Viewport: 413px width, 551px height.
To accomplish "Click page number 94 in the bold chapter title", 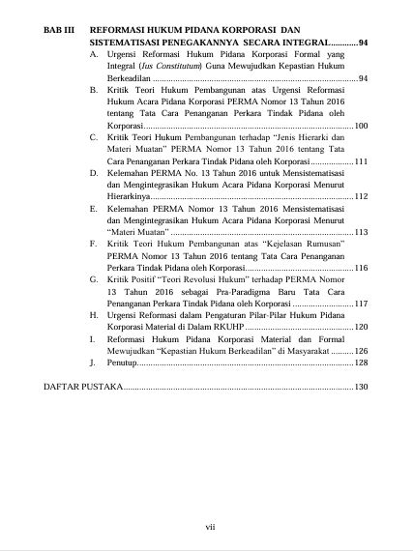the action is coord(363,43).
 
